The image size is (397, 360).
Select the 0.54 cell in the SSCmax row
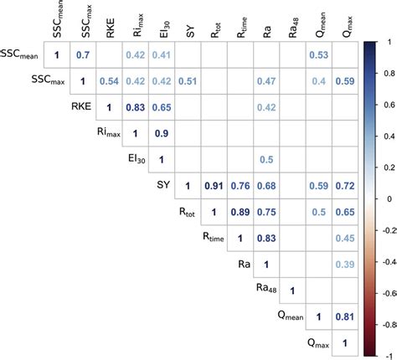pos(109,81)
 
